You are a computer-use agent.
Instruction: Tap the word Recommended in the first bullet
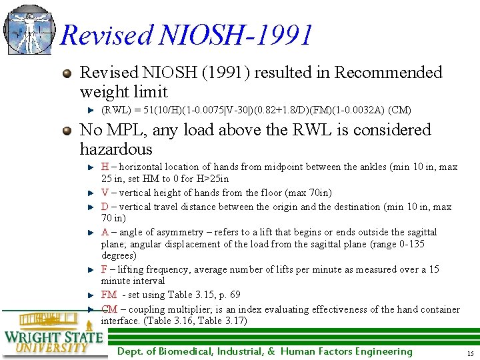click(388, 73)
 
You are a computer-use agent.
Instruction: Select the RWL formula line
click(256, 110)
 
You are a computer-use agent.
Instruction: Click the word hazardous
click(116, 149)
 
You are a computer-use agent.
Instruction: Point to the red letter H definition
click(105, 167)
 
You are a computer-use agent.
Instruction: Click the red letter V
click(105, 193)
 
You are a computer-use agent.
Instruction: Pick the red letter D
click(105, 207)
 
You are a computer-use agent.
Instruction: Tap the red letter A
click(105, 232)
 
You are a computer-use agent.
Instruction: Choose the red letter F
click(104, 269)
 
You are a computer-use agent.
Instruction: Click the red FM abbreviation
click(109, 295)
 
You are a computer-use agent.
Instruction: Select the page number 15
click(470, 353)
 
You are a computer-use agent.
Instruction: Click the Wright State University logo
click(53, 333)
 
